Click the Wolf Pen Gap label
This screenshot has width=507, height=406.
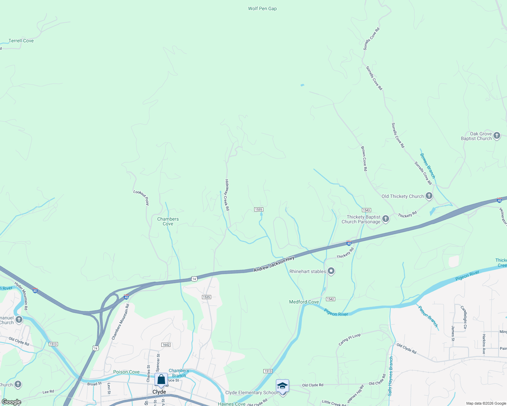pos(262,8)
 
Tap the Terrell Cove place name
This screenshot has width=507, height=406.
pos(21,41)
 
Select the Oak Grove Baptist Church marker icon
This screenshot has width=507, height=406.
pos(497,136)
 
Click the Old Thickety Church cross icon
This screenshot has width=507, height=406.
pos(429,196)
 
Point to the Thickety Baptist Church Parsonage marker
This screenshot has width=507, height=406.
pos(386,219)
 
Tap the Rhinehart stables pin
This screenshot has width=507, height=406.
pos(331,271)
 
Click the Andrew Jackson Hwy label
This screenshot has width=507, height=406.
pos(274,264)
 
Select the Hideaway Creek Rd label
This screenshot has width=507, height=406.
pos(227,195)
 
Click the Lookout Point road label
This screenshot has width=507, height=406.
pos(141,198)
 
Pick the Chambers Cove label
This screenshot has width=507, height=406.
pos(168,221)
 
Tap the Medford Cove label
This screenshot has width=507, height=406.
pos(304,302)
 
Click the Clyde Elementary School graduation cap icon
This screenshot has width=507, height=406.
pos(282,386)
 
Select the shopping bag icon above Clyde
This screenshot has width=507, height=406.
pos(161,379)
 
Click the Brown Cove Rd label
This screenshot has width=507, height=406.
pos(364,158)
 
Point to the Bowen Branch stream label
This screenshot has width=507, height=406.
pos(428,166)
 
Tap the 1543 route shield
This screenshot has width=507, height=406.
pos(366,210)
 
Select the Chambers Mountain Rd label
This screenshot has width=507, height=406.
pos(121,322)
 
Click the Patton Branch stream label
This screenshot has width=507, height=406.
pos(428,317)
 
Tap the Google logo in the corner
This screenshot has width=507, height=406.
pos(11,402)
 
